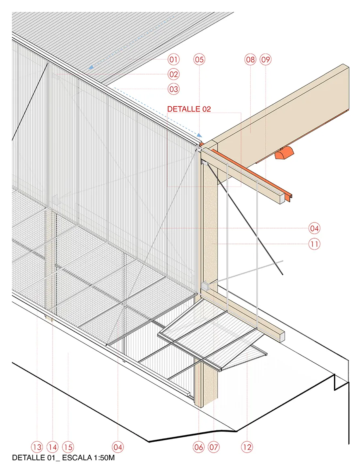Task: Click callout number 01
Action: (x=174, y=60)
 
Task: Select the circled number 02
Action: (x=174, y=74)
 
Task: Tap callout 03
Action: (x=174, y=89)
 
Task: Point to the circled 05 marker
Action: (x=199, y=60)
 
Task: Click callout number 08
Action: (x=250, y=60)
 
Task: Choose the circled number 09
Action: (x=266, y=60)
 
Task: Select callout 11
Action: (x=314, y=244)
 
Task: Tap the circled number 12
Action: (x=247, y=447)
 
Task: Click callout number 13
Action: (x=37, y=447)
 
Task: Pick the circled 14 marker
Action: (x=53, y=447)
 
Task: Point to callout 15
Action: (x=68, y=447)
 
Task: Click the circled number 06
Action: (x=199, y=447)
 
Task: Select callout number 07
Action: (x=214, y=447)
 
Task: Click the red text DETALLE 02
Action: (x=189, y=109)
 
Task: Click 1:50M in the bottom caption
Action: (x=104, y=457)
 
